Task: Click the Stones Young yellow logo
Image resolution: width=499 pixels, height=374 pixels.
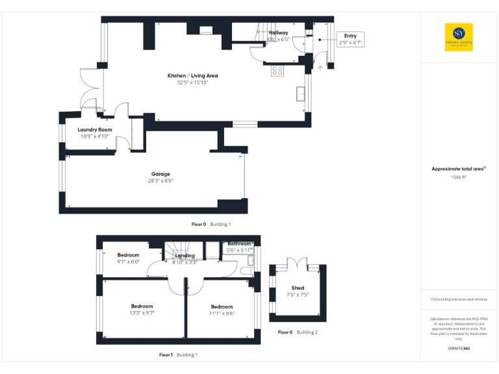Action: coord(459,37)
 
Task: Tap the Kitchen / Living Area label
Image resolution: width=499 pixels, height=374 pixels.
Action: coord(192,76)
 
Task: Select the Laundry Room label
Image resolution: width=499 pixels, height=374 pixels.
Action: coord(95,130)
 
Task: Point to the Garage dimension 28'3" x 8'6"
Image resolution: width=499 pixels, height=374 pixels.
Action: coord(160,181)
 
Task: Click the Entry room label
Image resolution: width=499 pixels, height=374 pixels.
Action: coord(350,36)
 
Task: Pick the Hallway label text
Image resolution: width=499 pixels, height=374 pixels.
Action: coord(278,32)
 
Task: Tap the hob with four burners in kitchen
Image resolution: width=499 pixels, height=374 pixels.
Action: coord(277,71)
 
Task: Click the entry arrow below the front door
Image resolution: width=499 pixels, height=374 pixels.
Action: coord(319,66)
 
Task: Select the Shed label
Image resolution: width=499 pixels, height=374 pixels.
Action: coord(298,288)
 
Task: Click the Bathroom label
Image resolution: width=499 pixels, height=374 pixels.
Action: coord(239,243)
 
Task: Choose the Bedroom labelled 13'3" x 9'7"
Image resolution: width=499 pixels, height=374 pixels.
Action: coord(142,306)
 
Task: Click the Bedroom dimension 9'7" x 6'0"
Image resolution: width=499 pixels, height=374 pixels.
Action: coord(128,262)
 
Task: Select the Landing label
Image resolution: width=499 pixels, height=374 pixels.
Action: coord(185,255)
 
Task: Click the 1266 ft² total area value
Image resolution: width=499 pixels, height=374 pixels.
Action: coord(459,177)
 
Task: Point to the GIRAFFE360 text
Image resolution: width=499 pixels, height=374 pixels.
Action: coord(459,349)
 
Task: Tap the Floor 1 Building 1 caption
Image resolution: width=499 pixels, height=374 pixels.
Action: coord(178,355)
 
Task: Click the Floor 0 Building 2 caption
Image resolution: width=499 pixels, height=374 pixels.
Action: coord(298,332)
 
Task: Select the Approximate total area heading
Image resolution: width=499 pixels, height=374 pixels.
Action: coord(459,169)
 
